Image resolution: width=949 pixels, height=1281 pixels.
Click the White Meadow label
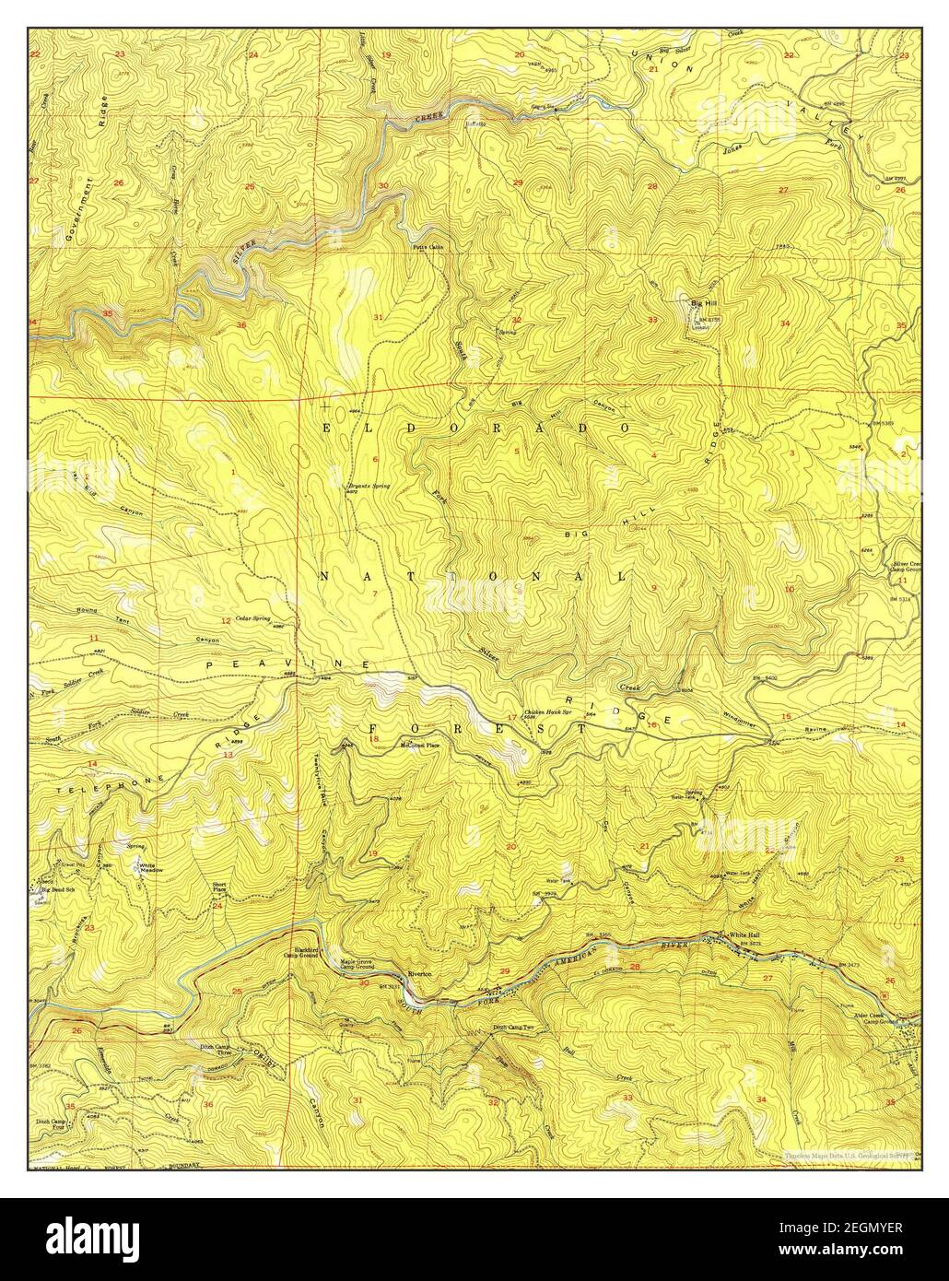[x=147, y=868]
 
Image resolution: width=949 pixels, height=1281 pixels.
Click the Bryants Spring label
[x=363, y=486]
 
